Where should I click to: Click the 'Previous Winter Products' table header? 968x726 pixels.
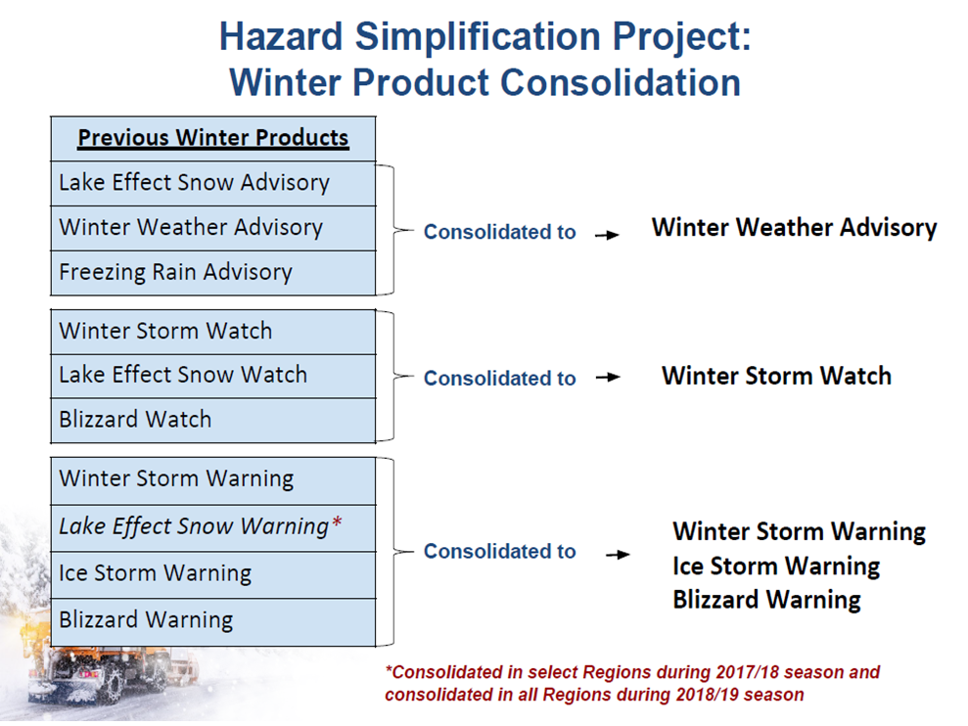(213, 138)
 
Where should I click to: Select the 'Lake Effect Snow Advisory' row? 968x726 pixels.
(213, 183)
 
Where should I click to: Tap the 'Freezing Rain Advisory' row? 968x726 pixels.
(213, 272)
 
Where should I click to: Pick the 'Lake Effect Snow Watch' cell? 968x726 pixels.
(213, 376)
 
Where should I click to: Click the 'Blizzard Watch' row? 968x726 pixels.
(213, 420)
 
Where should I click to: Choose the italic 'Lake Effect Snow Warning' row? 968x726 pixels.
(213, 527)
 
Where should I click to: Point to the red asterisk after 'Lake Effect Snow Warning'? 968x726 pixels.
(337, 522)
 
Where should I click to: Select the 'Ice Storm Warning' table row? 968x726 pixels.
(213, 574)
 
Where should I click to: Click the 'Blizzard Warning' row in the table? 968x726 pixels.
(213, 621)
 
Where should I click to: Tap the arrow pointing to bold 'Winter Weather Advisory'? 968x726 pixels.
(607, 235)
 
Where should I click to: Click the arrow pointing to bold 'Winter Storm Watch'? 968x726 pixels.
(608, 378)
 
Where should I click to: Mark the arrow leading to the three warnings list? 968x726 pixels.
(618, 555)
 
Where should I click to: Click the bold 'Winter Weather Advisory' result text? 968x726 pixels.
(794, 228)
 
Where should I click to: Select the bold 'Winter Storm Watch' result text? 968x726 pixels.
(776, 376)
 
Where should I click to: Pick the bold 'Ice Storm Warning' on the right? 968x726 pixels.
(776, 567)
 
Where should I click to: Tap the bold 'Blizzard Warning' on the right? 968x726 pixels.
(766, 600)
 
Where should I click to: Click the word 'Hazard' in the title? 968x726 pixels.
(281, 36)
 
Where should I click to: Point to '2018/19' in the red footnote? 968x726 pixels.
(708, 695)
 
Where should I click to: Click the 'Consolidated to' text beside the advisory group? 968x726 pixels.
(499, 232)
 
